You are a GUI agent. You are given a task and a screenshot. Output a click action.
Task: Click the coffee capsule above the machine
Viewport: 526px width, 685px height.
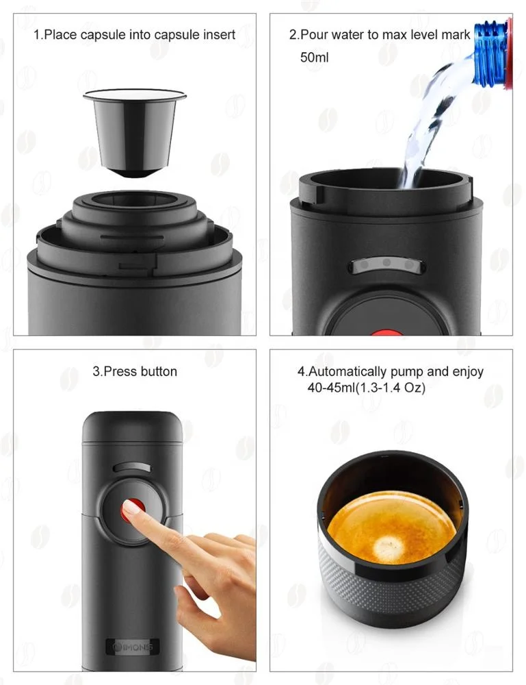pos(134,130)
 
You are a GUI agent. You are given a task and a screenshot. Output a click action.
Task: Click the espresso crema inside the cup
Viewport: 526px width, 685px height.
pos(391,534)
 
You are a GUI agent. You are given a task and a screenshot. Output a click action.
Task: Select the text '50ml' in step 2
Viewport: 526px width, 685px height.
pos(314,58)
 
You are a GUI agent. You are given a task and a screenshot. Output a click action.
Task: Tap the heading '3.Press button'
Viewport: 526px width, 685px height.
pos(134,371)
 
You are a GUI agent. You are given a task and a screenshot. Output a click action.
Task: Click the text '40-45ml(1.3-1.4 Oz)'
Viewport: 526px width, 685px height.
pos(366,388)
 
